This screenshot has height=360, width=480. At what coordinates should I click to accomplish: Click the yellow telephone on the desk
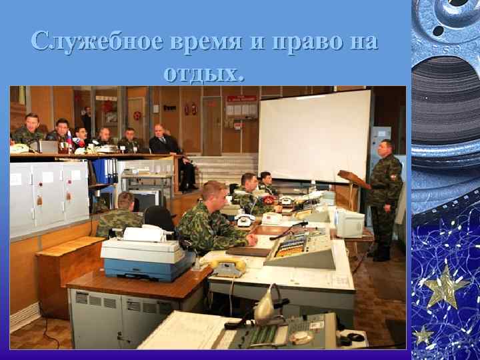coord(228,267)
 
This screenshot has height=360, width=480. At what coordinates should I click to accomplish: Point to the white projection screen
coord(314,135)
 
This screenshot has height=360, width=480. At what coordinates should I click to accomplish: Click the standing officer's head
coord(385,147)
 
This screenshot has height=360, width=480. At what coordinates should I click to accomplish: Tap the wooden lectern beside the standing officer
coord(353,179)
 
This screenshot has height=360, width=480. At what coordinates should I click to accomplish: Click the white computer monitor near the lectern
coord(349,223)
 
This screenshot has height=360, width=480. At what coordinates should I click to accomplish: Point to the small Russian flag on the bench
coord(69,139)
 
